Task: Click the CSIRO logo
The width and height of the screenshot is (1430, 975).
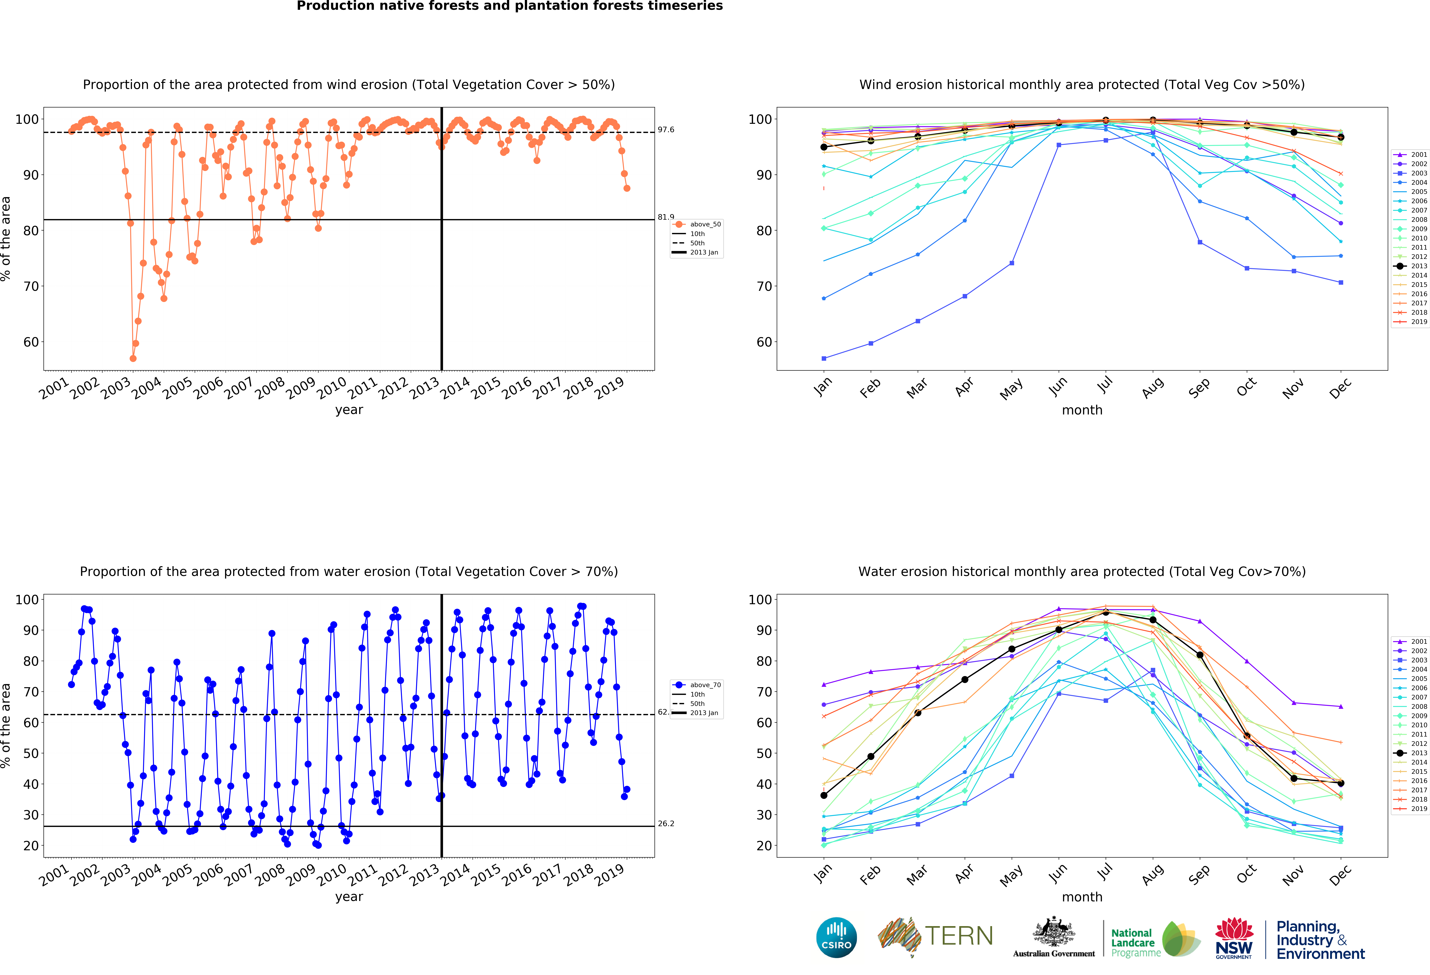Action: [836, 937]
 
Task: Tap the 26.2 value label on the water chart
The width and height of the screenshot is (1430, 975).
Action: [666, 824]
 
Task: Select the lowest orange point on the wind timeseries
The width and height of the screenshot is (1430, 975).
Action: [133, 358]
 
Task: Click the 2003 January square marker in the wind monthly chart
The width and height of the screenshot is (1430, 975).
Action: [824, 358]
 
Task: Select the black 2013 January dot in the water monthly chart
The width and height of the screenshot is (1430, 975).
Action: [824, 795]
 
